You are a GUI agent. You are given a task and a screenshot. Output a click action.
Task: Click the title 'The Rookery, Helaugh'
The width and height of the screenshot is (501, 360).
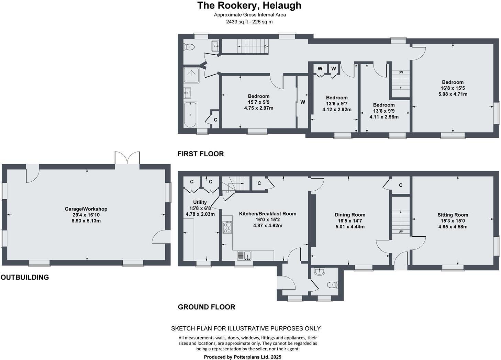point(249,5)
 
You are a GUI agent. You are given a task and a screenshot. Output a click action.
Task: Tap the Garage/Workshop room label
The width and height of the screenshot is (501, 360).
point(86,209)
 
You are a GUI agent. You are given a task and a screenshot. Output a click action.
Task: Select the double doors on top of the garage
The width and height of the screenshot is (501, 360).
point(127,158)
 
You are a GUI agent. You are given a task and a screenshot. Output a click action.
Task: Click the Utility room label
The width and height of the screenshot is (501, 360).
point(200,202)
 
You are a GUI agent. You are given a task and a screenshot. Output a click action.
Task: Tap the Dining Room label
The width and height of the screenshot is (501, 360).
point(350,215)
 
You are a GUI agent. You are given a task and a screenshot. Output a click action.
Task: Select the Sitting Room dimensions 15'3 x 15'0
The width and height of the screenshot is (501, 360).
point(453,221)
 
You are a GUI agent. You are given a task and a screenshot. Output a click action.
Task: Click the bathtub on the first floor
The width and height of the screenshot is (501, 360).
point(190,114)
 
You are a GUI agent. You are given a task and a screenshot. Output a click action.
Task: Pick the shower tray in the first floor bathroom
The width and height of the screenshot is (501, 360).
point(191,75)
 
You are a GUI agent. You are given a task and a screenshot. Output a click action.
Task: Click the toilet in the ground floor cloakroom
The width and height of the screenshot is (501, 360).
point(332,285)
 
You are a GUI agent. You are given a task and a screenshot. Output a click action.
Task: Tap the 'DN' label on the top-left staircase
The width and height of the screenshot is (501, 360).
point(266,46)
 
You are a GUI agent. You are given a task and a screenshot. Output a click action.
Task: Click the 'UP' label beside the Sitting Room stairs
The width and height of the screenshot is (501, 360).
point(400,232)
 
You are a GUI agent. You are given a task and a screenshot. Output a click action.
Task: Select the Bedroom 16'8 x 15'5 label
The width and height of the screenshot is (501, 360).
point(453,82)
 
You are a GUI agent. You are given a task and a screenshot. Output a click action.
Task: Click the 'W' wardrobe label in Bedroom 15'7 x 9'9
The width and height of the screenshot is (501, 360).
point(302,102)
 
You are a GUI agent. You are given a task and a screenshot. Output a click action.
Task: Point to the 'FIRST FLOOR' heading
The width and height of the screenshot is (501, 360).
point(200,154)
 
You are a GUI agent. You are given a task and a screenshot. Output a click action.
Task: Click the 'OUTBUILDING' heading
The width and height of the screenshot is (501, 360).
point(24,277)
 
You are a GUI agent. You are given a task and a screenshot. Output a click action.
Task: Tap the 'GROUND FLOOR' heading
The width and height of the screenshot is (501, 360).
point(206,307)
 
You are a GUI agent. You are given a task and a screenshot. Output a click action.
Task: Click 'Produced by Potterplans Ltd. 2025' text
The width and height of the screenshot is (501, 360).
point(242,357)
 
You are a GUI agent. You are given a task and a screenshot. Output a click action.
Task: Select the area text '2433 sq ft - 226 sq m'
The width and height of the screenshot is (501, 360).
point(249,22)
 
